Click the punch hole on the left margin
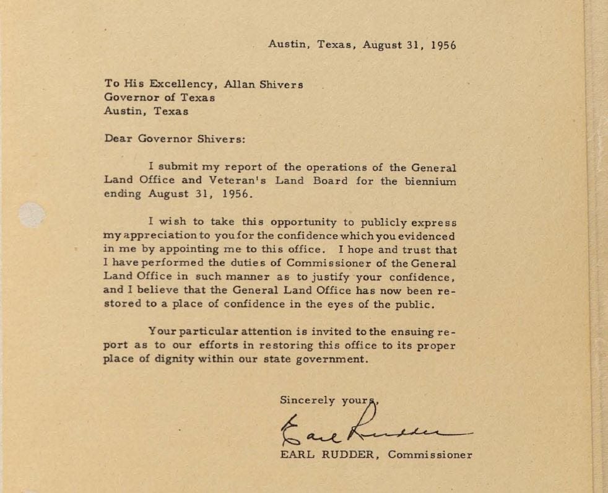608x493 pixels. (32, 215)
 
